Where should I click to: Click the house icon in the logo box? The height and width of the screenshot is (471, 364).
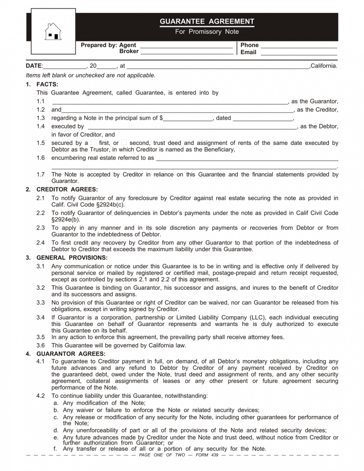click(x=53, y=31)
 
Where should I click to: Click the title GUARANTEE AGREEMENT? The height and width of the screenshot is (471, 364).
click(x=207, y=21)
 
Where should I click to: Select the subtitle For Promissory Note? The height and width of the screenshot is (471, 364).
click(x=207, y=32)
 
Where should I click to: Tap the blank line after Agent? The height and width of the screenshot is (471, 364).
click(x=186, y=45)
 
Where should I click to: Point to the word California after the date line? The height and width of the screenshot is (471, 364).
click(x=324, y=66)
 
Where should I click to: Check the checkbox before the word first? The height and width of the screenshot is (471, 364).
click(x=94, y=142)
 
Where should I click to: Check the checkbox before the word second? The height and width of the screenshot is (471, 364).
click(x=124, y=142)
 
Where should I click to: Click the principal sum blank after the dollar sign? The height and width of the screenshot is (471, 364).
click(x=187, y=118)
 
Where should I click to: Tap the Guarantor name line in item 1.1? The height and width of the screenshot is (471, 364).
click(x=170, y=102)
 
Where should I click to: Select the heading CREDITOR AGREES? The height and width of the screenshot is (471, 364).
click(x=67, y=189)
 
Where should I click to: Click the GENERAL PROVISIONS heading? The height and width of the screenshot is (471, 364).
click(x=72, y=258)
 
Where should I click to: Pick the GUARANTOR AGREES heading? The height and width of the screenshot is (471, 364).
click(x=71, y=354)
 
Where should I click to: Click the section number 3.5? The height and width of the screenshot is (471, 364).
click(x=40, y=337)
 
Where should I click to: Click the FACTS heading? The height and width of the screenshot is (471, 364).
click(x=47, y=84)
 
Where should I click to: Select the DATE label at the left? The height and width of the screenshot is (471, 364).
click(x=34, y=66)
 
